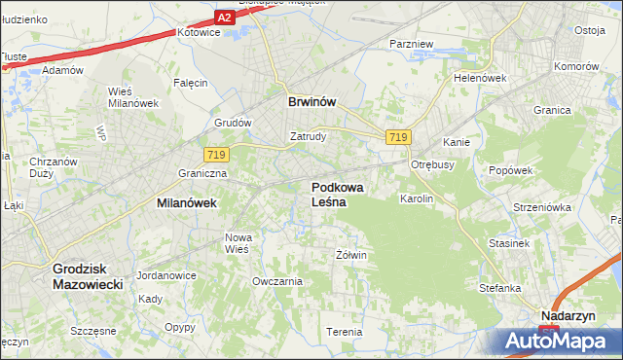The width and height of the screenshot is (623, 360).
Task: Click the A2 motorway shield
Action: click(225, 18)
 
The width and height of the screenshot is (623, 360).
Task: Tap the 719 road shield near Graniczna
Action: click(216, 154)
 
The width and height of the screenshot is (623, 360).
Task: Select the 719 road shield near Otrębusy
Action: click(396, 138)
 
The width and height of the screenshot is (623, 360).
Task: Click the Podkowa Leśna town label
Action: click(339, 194)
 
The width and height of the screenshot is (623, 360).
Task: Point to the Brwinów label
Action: click(312, 100)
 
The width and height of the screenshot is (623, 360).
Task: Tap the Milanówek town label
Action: click(186, 203)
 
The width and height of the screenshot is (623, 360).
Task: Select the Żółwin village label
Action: click(350, 255)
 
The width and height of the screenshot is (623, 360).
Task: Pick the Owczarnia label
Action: click(276, 281)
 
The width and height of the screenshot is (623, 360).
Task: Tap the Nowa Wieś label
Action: click(238, 242)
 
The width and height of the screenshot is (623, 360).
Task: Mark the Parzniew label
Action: click(410, 45)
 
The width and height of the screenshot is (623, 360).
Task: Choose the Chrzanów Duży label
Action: click(41, 166)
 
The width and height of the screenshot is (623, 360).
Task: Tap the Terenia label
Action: click(344, 332)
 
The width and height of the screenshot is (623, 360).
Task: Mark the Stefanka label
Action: click(500, 288)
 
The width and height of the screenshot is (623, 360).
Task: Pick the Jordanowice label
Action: click(166, 275)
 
